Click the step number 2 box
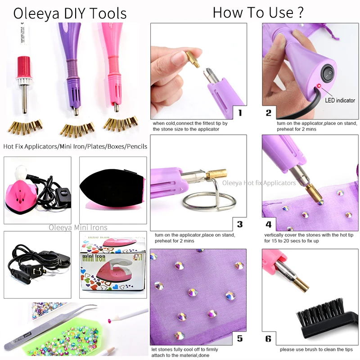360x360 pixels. [x=269, y=112]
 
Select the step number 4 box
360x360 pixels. [x=269, y=224]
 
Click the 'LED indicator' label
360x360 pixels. [x=340, y=100]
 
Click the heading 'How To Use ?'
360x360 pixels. [x=258, y=12]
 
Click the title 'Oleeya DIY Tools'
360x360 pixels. [x=70, y=13]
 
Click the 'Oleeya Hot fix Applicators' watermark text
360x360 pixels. [x=259, y=183]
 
